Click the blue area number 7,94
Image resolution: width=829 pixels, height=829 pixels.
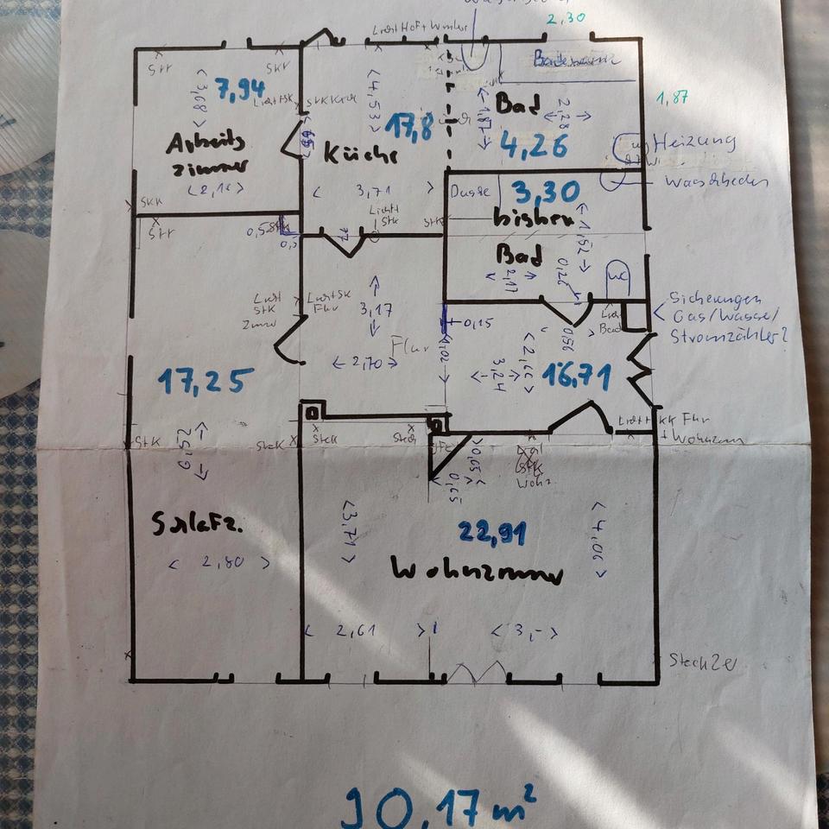click(239, 89)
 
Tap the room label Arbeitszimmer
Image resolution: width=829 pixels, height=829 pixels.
click(208, 154)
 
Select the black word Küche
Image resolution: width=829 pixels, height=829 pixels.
click(360, 155)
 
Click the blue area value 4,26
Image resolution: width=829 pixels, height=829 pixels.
click(533, 146)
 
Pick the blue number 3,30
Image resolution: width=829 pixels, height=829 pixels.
click(544, 191)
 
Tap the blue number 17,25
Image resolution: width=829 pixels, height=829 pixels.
click(206, 380)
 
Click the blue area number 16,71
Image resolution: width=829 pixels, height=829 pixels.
click(577, 376)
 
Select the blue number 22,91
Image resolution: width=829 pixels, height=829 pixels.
click(492, 534)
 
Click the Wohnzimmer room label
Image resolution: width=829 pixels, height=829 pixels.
click(477, 573)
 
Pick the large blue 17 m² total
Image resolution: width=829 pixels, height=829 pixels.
click(440, 806)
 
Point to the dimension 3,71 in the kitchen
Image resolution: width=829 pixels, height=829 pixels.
click(372, 190)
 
